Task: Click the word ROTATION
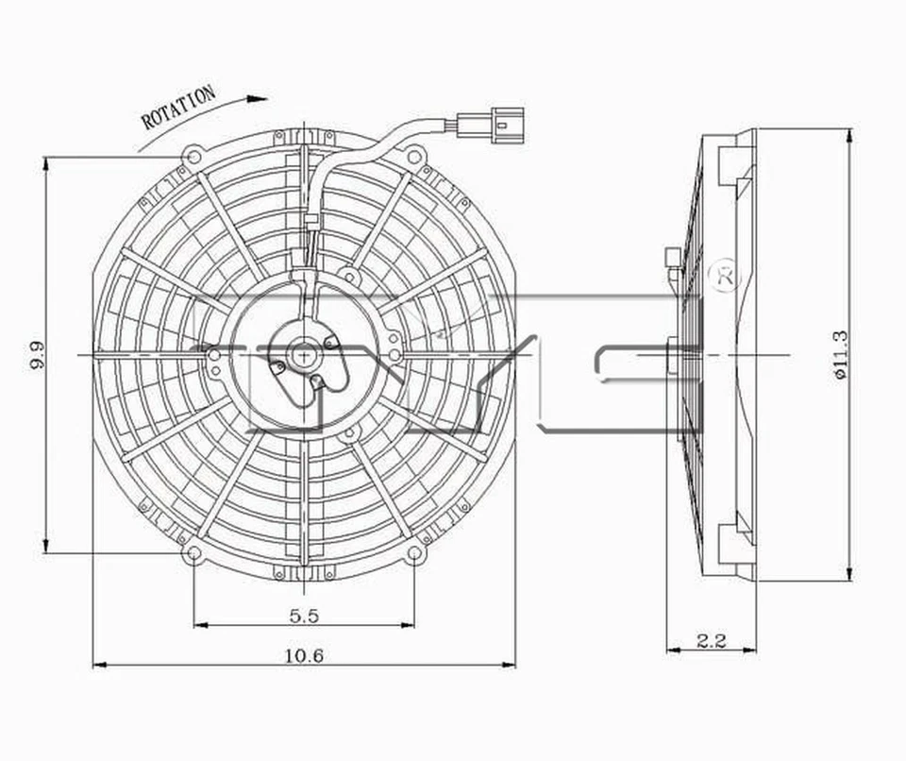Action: (x=178, y=107)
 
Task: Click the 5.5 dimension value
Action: (x=303, y=616)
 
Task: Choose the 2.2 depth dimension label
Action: (x=711, y=641)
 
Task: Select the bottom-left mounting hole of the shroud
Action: (x=193, y=553)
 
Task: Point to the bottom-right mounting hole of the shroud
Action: (x=412, y=553)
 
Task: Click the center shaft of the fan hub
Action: (x=303, y=355)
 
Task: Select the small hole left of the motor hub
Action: (x=215, y=355)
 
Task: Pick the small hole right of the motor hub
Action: (x=394, y=355)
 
